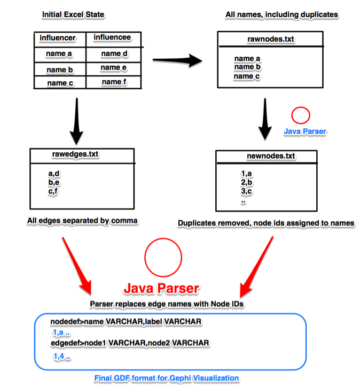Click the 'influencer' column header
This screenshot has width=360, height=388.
coord(58,38)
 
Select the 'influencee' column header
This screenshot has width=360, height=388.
coord(112,37)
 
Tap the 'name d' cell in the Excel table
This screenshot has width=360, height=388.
coord(114,53)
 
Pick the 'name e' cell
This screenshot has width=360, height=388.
coord(113,67)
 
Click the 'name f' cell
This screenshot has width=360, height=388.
coord(114,82)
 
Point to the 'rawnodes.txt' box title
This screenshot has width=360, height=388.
coord(271,39)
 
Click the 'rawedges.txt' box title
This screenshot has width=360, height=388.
coord(75,154)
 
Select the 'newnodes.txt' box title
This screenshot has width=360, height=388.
coord(271,156)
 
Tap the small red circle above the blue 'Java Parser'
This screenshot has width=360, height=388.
coord(301,115)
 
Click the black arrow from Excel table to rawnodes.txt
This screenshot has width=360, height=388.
coord(177,60)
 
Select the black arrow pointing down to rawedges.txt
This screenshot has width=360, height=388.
coord(77,121)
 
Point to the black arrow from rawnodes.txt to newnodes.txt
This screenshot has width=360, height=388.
coord(265,119)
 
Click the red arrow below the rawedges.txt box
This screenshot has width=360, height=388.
coord(77,266)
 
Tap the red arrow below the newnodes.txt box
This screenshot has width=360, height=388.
coord(256,267)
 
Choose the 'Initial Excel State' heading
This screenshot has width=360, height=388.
coord(73,14)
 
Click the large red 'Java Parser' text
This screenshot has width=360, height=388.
coord(161,289)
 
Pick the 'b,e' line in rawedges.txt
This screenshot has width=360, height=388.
coord(53,183)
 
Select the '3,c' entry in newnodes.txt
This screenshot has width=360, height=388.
coord(247,191)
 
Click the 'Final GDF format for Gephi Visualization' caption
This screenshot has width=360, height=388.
coord(167,378)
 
